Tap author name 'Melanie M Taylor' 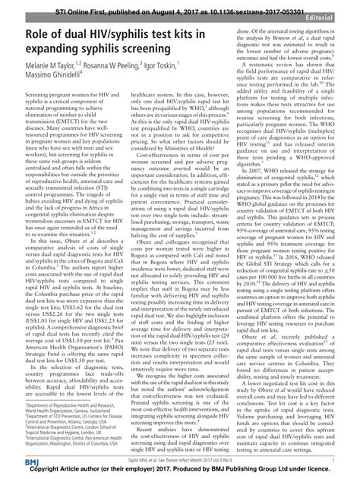(x=40, y=68)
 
